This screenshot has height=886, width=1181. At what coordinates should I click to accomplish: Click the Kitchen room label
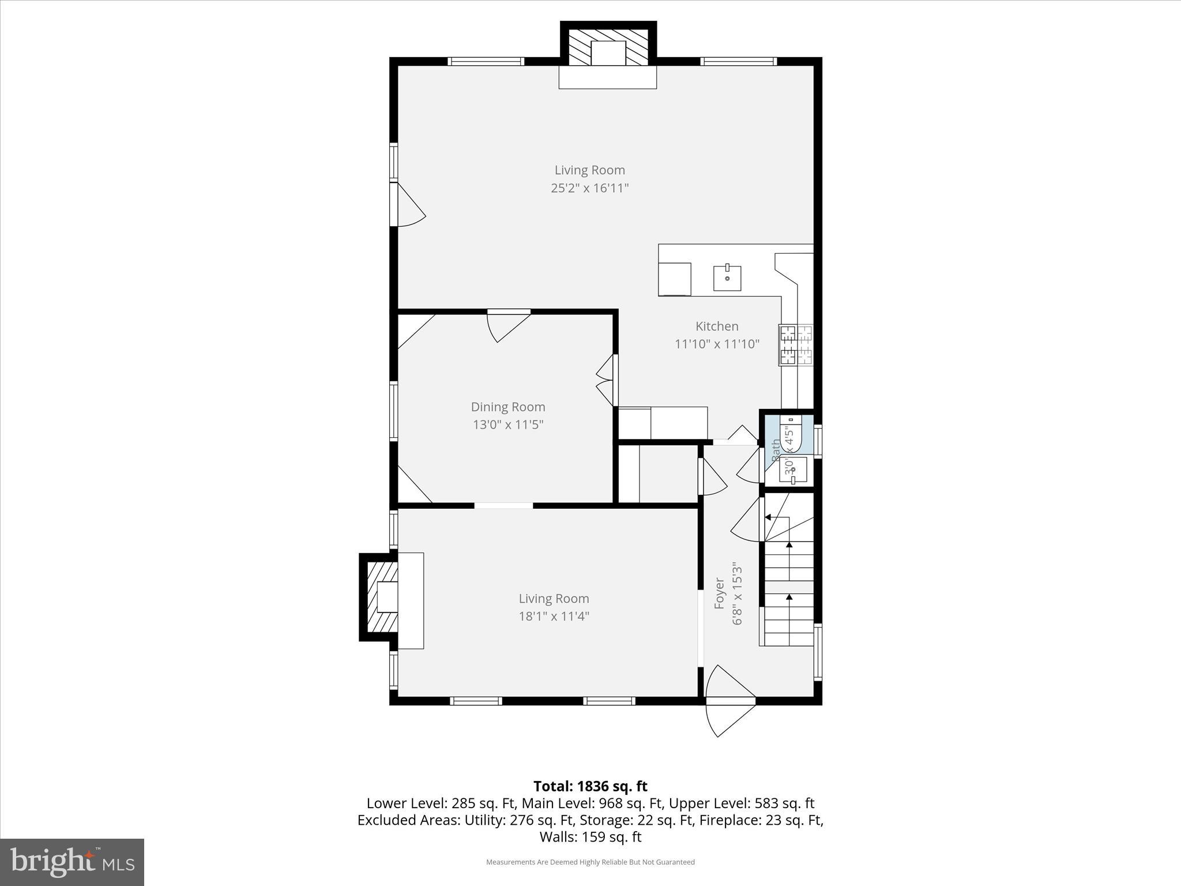pyautogui.click(x=717, y=326)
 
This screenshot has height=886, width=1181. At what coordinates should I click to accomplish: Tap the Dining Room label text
pyautogui.click(x=507, y=407)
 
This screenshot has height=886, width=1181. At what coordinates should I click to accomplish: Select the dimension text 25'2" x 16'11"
pyautogui.click(x=589, y=188)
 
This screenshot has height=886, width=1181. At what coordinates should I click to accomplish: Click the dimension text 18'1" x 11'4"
pyautogui.click(x=554, y=617)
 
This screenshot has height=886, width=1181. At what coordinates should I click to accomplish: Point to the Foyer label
pyautogui.click(x=719, y=593)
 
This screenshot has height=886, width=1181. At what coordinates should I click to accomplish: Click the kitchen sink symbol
pyautogui.click(x=727, y=277)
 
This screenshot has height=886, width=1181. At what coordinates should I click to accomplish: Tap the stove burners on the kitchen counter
pyautogui.click(x=795, y=345)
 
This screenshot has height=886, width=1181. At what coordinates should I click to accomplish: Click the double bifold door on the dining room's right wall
pyautogui.click(x=607, y=381)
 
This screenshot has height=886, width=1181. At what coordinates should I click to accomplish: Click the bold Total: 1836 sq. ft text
pyautogui.click(x=590, y=786)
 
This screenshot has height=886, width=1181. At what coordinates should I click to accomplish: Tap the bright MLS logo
pyautogui.click(x=72, y=862)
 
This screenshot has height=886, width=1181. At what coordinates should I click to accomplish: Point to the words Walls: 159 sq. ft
pyautogui.click(x=590, y=837)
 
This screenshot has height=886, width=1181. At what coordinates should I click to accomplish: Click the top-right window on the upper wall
pyautogui.click(x=739, y=61)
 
